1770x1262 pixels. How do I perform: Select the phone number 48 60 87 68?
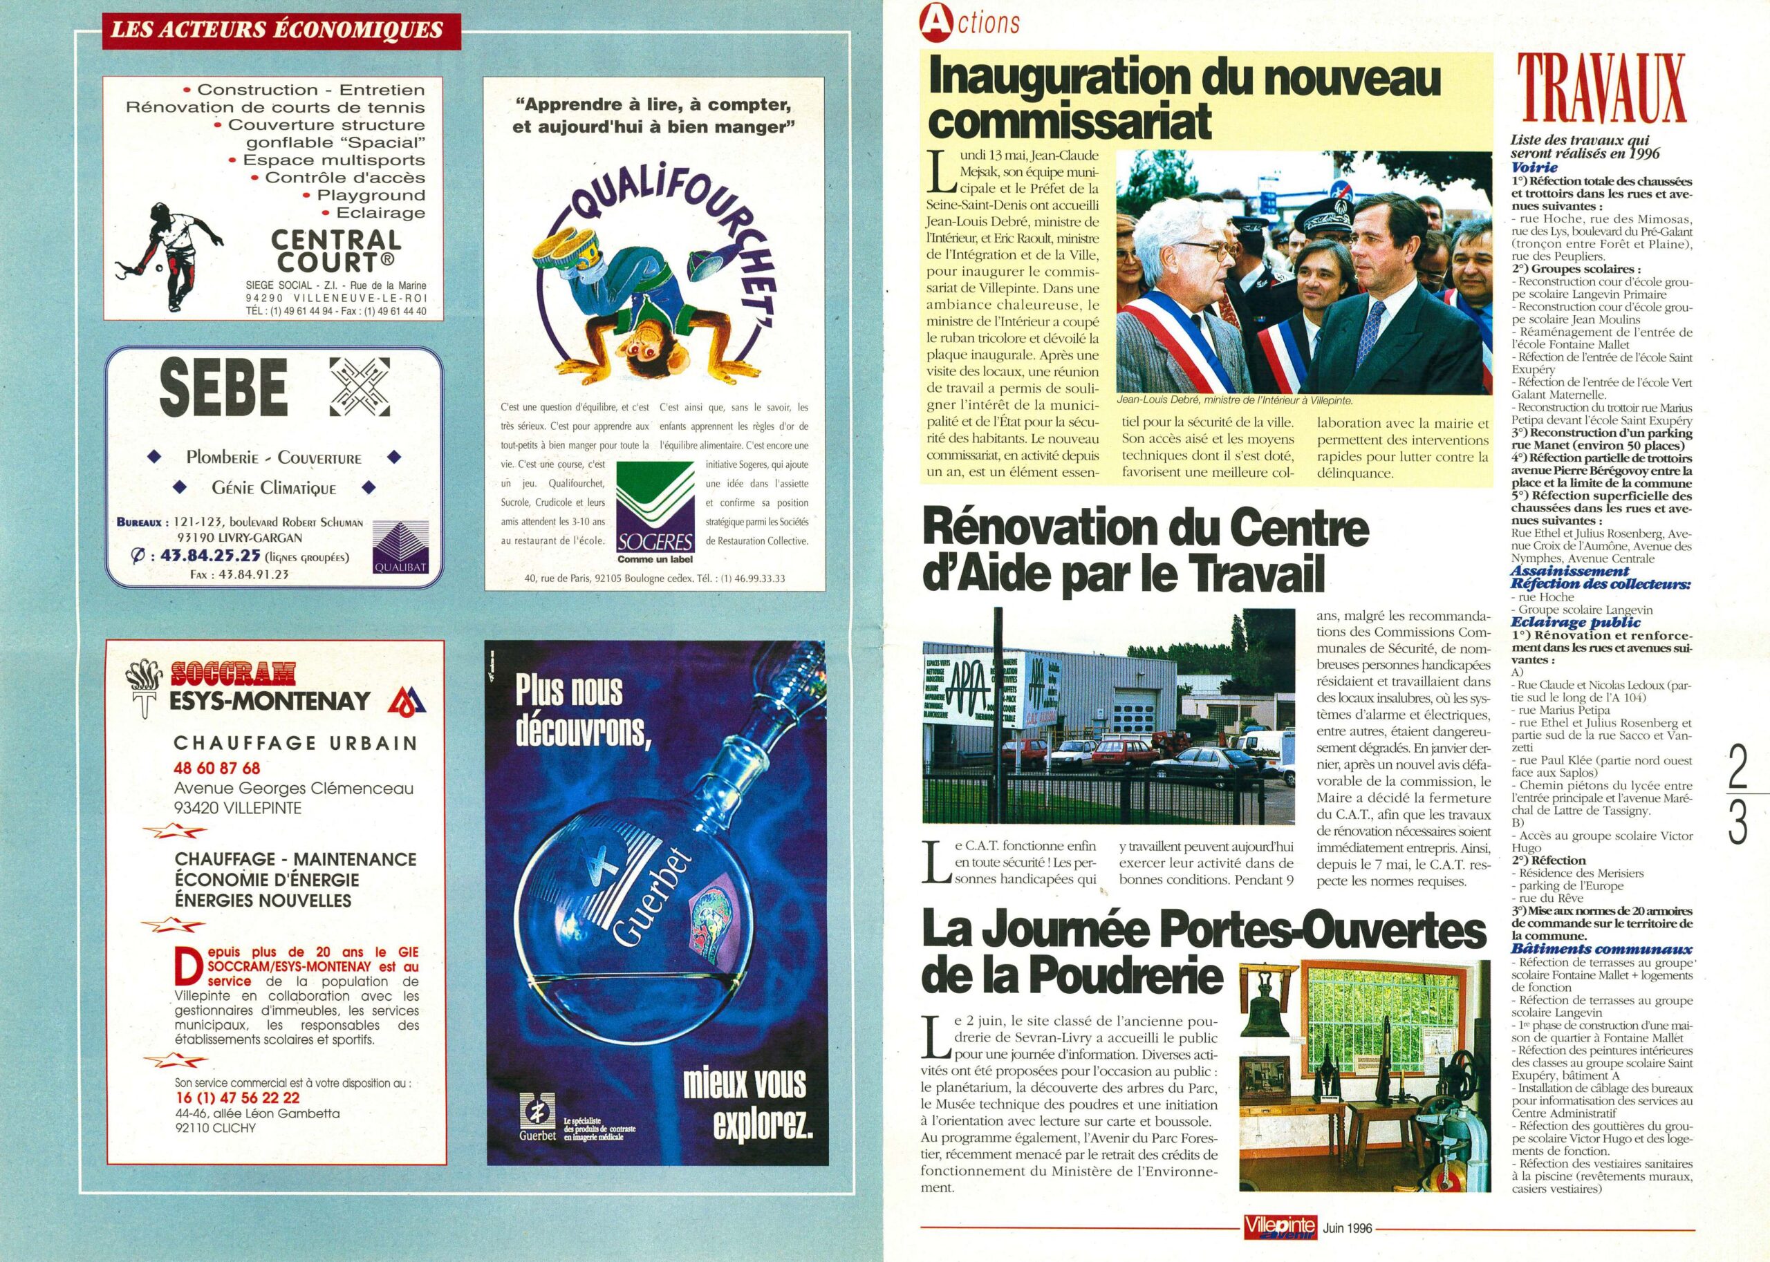[217, 768]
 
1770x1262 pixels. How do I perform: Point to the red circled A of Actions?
[932, 23]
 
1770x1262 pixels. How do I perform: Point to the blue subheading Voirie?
[1534, 167]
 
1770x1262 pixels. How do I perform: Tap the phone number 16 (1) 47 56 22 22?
[237, 1098]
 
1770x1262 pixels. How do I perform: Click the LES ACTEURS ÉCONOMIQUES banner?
[277, 30]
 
